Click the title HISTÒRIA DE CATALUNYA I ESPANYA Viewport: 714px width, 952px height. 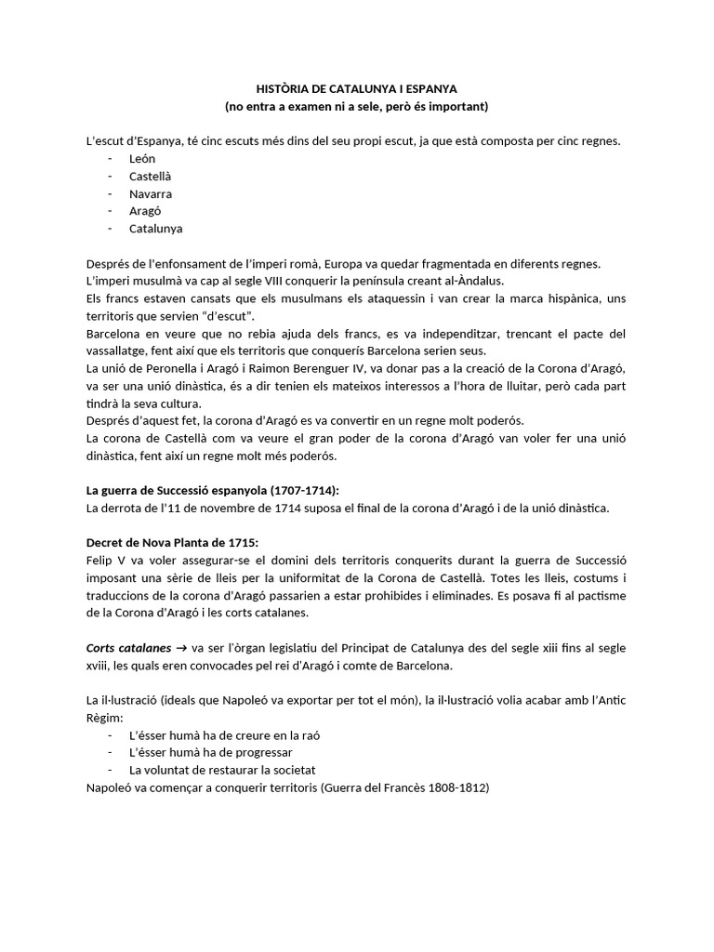tap(356, 89)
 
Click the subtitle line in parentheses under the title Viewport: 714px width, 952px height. tap(356, 107)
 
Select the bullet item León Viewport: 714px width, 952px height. tap(142, 159)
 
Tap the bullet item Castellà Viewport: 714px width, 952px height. tap(151, 176)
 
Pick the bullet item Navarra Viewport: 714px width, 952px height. tap(151, 193)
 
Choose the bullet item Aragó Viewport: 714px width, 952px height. tap(145, 211)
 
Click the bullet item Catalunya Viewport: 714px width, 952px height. tap(155, 228)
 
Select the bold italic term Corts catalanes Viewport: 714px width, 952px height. tap(127, 647)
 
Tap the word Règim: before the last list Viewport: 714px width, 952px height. tap(103, 718)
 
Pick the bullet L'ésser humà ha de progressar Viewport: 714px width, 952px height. tap(211, 752)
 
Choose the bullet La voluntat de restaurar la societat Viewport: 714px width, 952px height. tap(223, 770)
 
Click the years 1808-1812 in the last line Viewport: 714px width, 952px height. tap(456, 787)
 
